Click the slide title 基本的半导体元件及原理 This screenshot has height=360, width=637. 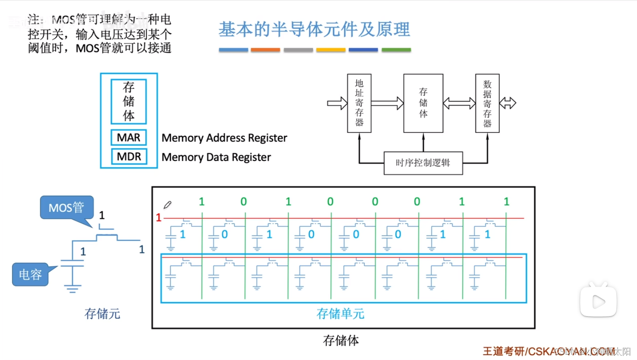(314, 29)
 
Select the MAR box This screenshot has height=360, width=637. (129, 138)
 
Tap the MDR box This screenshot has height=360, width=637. (129, 157)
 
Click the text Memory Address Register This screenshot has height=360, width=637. (224, 138)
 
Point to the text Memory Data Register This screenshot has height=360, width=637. (216, 157)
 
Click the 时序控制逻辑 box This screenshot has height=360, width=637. (423, 163)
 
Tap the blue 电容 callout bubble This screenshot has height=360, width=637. (31, 274)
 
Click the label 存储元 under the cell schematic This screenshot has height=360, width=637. (102, 314)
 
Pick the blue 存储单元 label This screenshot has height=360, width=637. (340, 314)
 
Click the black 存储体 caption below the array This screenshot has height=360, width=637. (341, 341)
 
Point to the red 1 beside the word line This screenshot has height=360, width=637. (158, 218)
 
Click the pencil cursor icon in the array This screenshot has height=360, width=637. (168, 205)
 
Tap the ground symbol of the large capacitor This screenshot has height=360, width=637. (72, 287)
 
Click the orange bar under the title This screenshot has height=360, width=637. (266, 50)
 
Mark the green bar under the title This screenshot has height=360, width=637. (396, 50)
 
